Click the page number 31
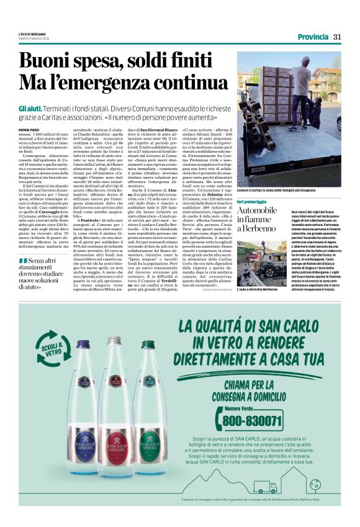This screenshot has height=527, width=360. pos(337,37)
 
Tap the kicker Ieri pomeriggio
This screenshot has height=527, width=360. pos(253,202)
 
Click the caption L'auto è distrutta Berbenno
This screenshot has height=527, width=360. pos(258,289)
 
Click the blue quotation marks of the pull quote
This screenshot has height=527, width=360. pos(23,260)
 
